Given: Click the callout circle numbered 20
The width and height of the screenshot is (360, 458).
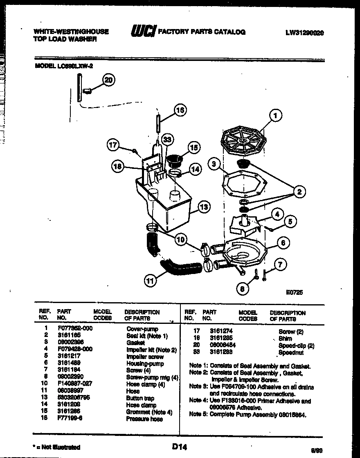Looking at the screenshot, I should click(108, 80).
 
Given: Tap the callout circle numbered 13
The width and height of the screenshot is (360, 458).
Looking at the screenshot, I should click(204, 208).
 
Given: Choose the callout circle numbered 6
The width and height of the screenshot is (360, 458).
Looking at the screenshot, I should click(283, 242).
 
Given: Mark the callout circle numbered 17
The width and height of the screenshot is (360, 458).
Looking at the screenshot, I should click(113, 144).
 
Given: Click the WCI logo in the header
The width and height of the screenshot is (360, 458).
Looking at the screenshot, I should click(143, 32).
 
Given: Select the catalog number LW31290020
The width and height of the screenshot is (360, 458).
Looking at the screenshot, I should click(304, 33).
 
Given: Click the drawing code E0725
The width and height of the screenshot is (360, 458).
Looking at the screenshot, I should click(294, 292).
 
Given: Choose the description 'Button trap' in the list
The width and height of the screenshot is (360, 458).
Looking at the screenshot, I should click(140, 398).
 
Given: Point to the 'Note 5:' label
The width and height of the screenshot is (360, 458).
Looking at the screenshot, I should click(198, 414).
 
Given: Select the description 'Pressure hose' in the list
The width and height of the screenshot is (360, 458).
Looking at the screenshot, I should click(144, 419).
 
